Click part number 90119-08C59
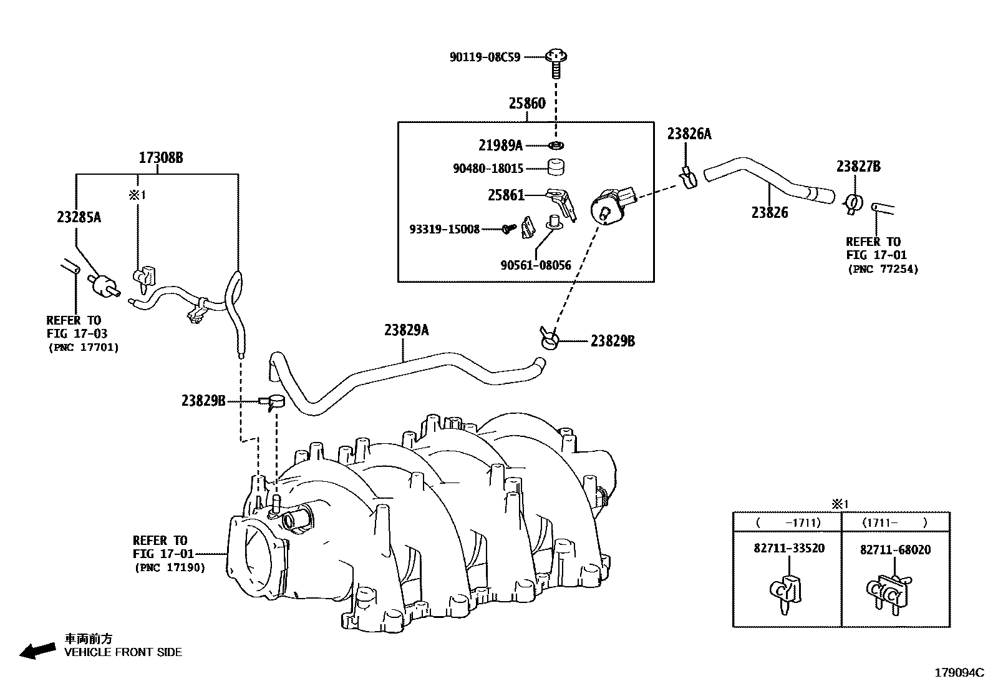[x=485, y=57]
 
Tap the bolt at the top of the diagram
[x=555, y=59]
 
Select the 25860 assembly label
[x=526, y=104]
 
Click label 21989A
[x=500, y=145]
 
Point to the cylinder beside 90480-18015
[x=556, y=167]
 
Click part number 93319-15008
[x=444, y=229]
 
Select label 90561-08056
[x=535, y=265]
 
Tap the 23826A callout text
[x=689, y=134]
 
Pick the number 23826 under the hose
[x=769, y=213]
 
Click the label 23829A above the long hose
[x=406, y=330]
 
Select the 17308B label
[x=160, y=158]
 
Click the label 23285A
[x=79, y=217]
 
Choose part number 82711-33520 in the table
[x=788, y=548]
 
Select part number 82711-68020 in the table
[x=894, y=550]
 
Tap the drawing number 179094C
[x=958, y=673]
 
